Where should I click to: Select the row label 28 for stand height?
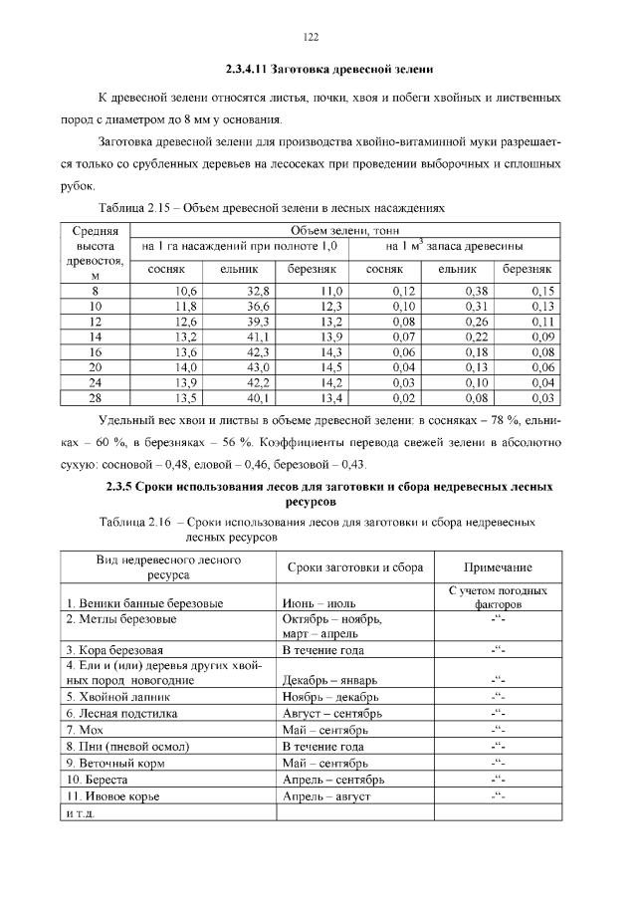(96, 398)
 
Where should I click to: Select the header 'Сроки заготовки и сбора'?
(354, 566)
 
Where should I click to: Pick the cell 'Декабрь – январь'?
(329, 680)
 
